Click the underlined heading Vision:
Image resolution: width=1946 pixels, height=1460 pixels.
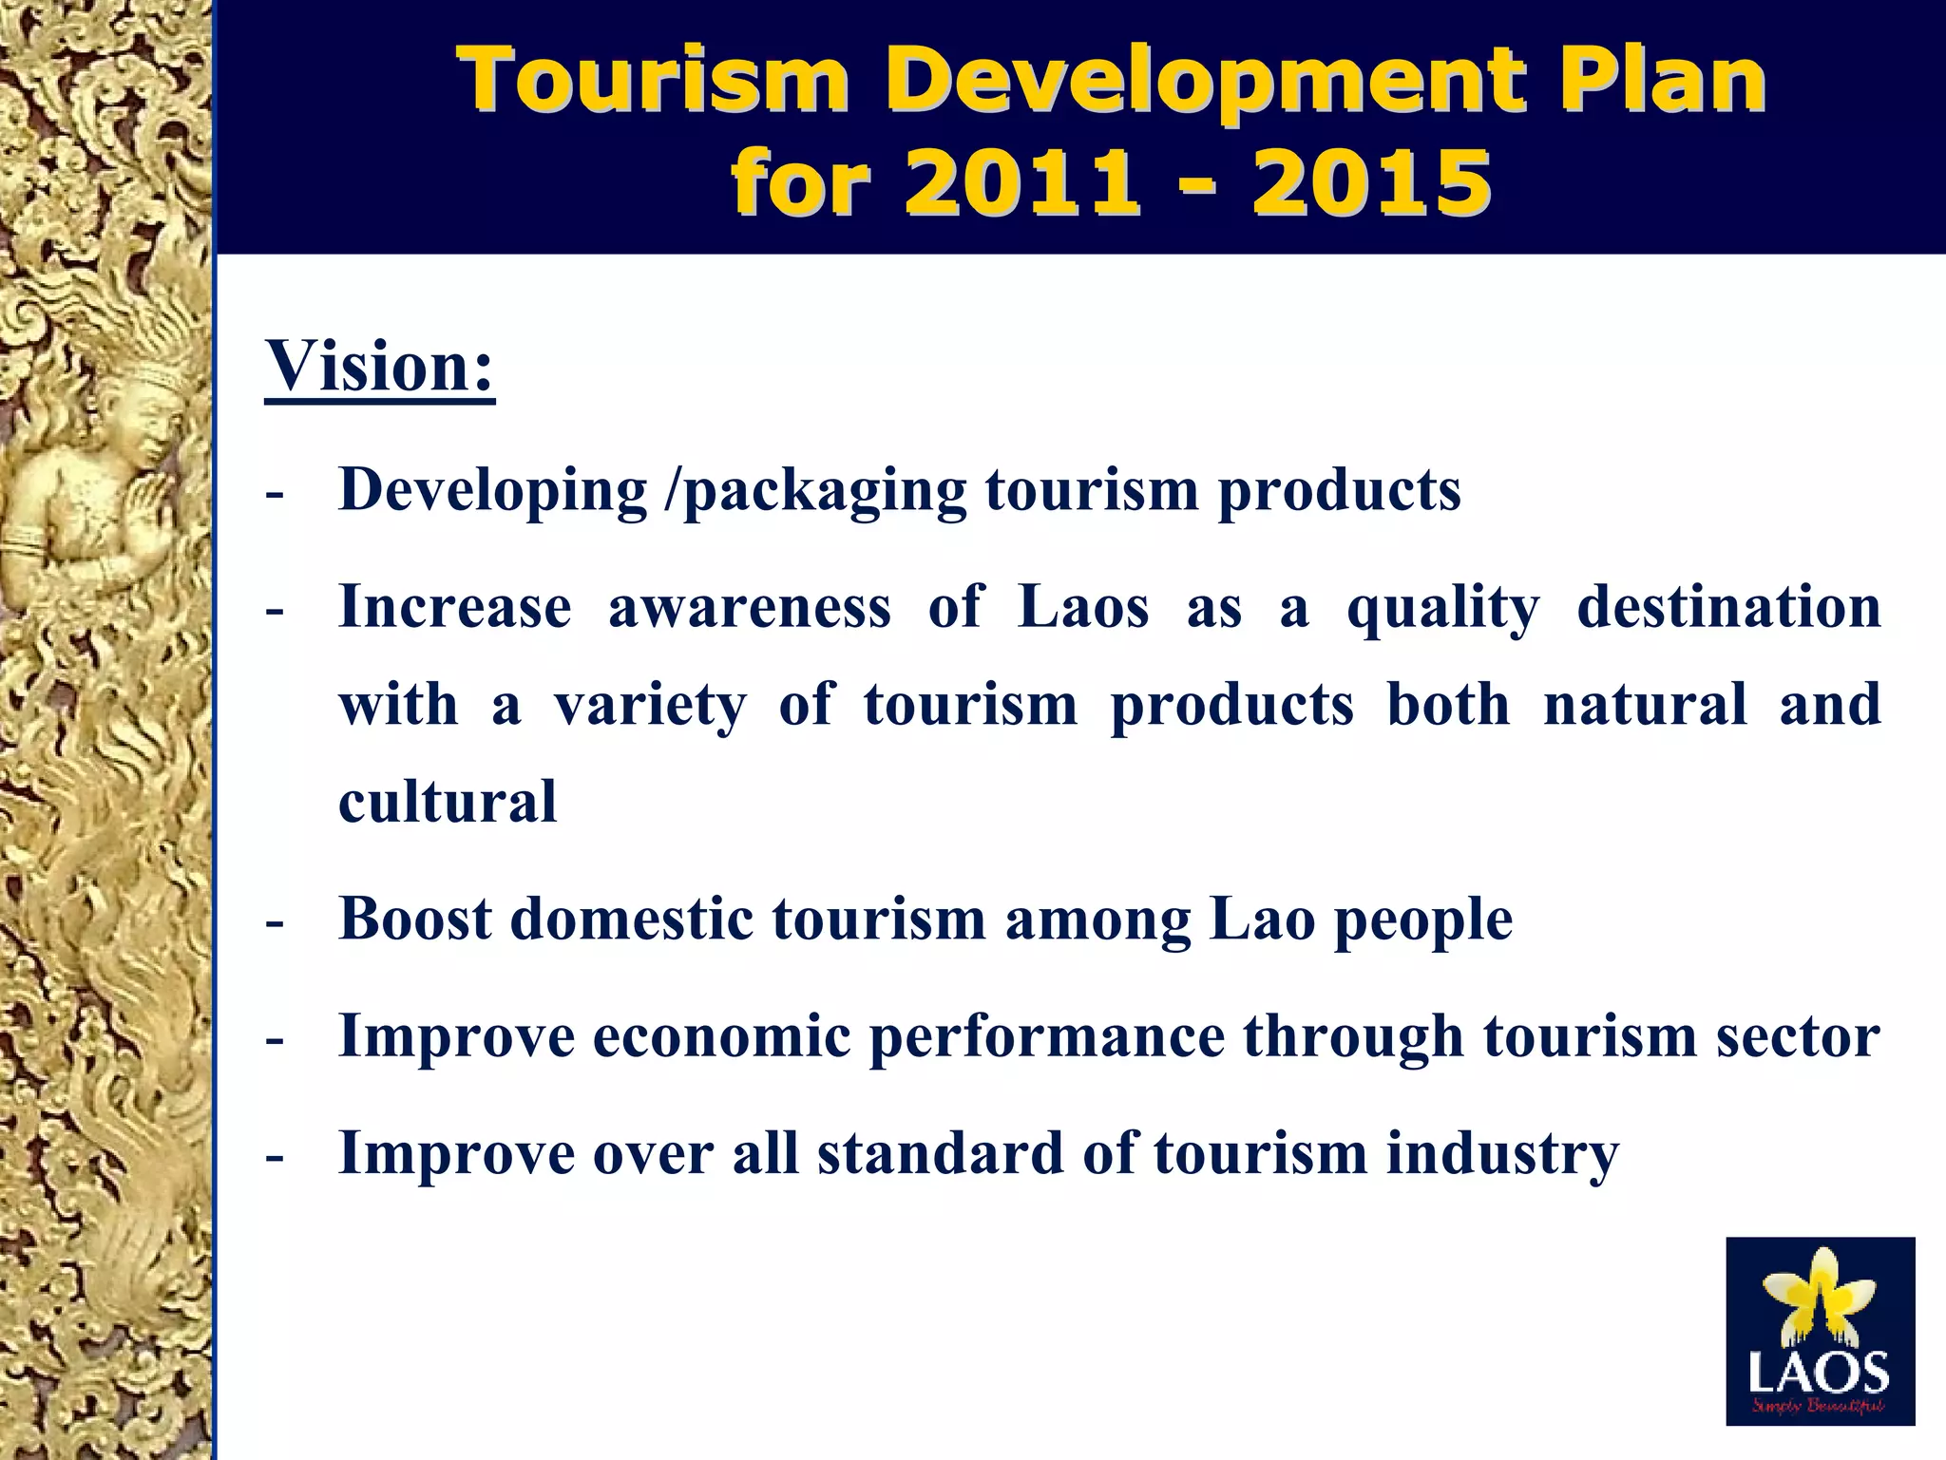click(x=380, y=368)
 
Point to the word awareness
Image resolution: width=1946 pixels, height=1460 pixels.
click(x=750, y=607)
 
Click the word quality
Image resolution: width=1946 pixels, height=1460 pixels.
click(x=1442, y=609)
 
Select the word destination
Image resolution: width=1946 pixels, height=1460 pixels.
click(x=1728, y=607)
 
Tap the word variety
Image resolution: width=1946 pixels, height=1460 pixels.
click(x=651, y=706)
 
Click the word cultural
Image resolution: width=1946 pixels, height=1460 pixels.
click(x=448, y=802)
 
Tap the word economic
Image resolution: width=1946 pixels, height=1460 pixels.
click(x=721, y=1035)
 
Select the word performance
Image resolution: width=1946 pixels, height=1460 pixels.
click(x=1046, y=1035)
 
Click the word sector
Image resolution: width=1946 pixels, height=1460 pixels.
click(x=1797, y=1035)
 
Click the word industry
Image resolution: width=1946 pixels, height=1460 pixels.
click(x=1502, y=1155)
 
